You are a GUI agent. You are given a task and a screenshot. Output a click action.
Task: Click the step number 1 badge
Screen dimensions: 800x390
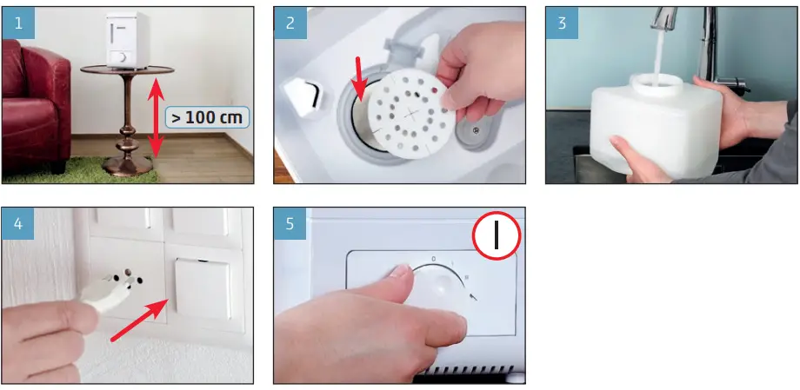click(18, 23)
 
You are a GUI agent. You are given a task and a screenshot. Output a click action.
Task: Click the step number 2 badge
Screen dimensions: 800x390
click(290, 23)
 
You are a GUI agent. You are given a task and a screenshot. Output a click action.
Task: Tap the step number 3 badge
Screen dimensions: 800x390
click(563, 23)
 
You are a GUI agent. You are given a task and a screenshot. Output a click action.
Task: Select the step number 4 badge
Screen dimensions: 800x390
click(18, 223)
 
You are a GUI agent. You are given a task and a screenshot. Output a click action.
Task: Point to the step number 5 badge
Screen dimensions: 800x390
click(290, 223)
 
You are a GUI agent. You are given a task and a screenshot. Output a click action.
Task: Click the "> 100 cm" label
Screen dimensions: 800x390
click(207, 117)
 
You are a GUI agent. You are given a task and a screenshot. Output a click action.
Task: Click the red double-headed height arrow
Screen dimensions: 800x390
click(157, 117)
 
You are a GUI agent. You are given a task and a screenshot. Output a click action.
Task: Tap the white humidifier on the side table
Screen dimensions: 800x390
click(127, 40)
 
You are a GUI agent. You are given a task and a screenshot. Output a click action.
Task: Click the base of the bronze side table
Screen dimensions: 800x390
click(127, 166)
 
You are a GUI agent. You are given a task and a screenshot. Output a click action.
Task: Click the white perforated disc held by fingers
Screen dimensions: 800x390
click(411, 114)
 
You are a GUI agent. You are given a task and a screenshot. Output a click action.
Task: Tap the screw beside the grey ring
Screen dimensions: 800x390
click(476, 130)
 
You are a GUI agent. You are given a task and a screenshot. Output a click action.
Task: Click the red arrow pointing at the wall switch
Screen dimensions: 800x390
click(139, 321)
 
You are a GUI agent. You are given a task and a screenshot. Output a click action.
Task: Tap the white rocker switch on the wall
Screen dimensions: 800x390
click(203, 288)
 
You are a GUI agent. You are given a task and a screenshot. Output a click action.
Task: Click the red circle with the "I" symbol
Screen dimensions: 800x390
click(496, 236)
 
